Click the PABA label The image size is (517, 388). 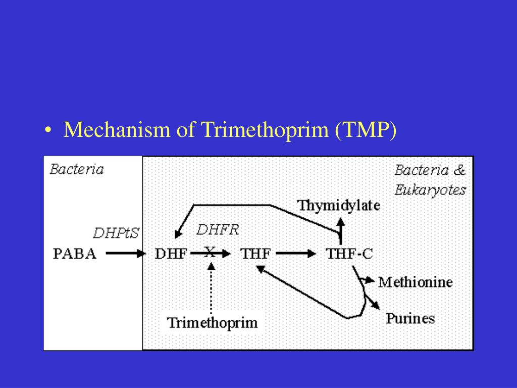[x=75, y=254]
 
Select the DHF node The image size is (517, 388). [x=171, y=254]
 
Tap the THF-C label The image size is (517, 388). [x=349, y=254]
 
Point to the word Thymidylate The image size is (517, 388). [x=339, y=206]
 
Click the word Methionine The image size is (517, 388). [x=416, y=282]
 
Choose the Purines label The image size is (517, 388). [x=410, y=318]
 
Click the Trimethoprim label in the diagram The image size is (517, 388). [x=213, y=323]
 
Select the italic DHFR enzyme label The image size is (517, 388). [x=218, y=230]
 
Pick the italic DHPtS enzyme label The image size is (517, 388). [x=116, y=233]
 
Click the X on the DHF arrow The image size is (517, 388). [x=210, y=252]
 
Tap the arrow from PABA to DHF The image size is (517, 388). [x=126, y=254]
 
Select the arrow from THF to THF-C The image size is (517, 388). [x=296, y=254]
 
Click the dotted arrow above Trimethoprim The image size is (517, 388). [x=211, y=287]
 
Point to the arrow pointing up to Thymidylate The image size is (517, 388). [x=341, y=231]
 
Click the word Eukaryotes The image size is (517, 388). [x=430, y=190]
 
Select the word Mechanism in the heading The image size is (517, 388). [x=117, y=129]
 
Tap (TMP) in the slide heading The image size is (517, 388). [x=366, y=130]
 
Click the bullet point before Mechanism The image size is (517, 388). [x=48, y=130]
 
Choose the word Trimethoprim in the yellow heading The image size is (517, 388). [x=265, y=130]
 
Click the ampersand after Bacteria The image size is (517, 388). [x=459, y=170]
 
